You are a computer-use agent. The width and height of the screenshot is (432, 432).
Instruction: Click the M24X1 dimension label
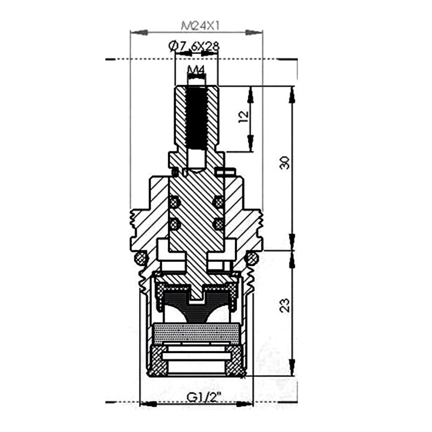click(x=200, y=26)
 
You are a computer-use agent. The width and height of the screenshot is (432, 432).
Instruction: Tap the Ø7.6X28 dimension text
click(x=194, y=46)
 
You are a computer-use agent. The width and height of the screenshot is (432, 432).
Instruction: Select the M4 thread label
click(x=196, y=70)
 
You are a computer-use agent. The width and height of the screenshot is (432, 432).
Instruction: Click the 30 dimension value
click(x=285, y=163)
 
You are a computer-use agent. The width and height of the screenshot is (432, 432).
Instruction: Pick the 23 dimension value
click(x=285, y=305)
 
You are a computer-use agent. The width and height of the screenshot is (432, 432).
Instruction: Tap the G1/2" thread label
click(x=204, y=397)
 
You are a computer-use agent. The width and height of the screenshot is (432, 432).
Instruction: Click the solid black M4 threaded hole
click(x=196, y=118)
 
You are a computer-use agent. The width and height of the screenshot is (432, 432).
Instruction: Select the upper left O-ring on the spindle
click(x=173, y=203)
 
